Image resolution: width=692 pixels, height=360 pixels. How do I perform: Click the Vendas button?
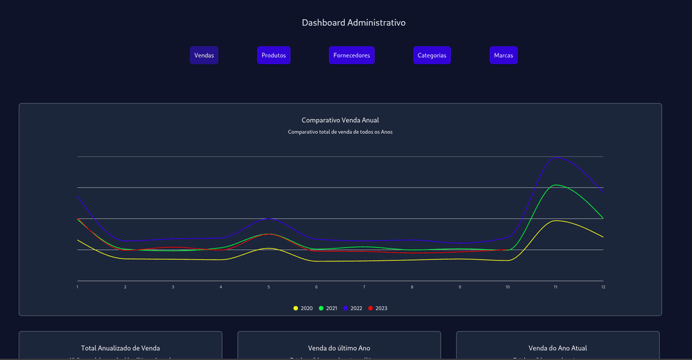click(204, 55)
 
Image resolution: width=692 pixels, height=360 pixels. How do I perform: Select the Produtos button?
click(274, 55)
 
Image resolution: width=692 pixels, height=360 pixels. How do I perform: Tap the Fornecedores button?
click(351, 55)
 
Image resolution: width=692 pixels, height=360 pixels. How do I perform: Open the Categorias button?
click(432, 55)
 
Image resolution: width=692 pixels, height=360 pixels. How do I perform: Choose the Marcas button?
click(503, 55)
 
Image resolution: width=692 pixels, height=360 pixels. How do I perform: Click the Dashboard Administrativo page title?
click(354, 22)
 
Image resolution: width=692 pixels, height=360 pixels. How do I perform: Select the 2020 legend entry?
click(303, 308)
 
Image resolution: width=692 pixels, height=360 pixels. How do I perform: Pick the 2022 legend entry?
click(352, 308)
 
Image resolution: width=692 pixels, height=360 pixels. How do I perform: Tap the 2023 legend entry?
click(377, 308)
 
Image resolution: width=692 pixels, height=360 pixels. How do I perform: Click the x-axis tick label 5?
click(268, 287)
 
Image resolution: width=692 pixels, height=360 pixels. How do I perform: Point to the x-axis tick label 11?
click(556, 287)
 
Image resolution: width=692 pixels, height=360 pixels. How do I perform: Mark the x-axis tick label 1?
click(78, 287)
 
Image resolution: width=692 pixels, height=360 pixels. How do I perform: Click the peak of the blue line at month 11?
click(557, 158)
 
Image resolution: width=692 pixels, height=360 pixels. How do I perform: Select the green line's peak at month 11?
click(556, 185)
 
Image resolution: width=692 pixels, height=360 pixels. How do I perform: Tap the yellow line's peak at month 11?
click(556, 220)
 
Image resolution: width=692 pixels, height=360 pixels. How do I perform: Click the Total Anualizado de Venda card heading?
click(120, 348)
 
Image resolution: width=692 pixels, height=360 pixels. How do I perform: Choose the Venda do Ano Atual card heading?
click(557, 348)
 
